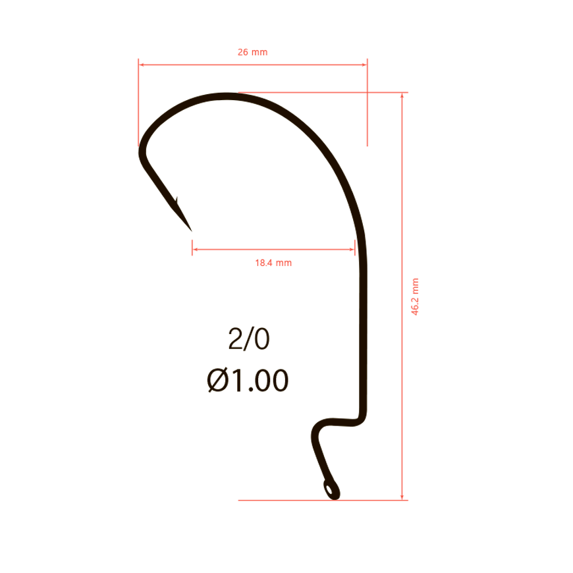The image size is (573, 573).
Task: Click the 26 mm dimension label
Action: pos(252,52)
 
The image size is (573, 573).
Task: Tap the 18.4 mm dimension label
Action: pos(273,263)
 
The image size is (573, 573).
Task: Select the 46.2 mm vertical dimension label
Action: pos(415,296)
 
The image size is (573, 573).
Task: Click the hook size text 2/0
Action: pos(249,339)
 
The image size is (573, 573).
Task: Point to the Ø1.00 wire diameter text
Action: pos(248,381)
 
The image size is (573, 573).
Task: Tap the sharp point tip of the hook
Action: pos(192,231)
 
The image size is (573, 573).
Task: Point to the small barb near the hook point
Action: pos(177,201)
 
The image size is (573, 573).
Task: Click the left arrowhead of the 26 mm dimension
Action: pos(142,65)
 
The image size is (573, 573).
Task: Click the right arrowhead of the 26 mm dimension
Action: pos(364,65)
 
